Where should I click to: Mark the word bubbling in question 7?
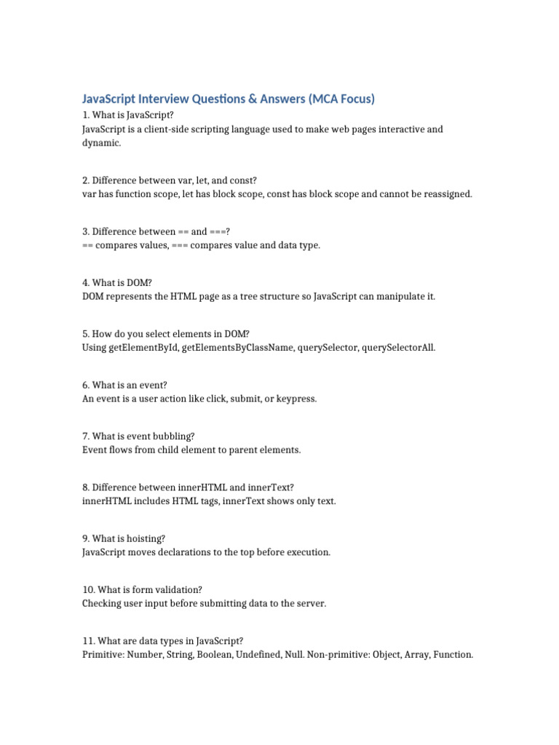[x=170, y=436]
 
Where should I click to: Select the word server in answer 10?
[x=309, y=604]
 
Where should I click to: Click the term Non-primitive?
[x=338, y=655]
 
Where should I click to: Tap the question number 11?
[x=88, y=641]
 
